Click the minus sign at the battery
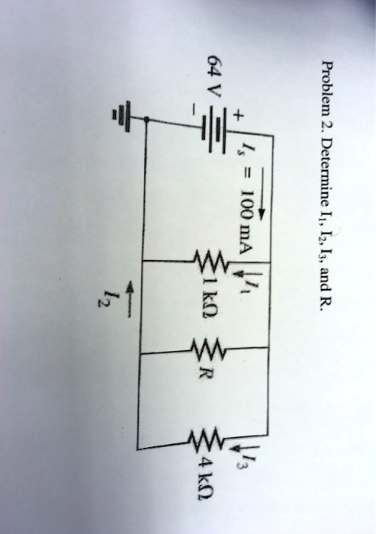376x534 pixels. [194, 110]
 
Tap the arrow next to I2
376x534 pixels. [130, 300]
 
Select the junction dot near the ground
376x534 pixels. [146, 119]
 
